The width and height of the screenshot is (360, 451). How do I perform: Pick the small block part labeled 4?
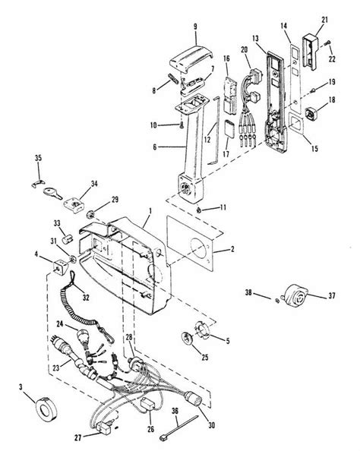[58, 268]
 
